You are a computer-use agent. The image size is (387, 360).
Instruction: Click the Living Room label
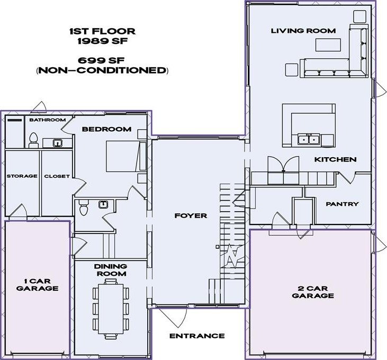pos(303,31)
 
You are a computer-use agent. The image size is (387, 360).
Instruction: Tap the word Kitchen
pos(335,159)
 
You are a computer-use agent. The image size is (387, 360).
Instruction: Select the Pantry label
pos(342,204)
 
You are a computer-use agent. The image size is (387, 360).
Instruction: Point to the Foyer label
pos(191,216)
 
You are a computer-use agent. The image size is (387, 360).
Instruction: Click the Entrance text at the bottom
pos(197,336)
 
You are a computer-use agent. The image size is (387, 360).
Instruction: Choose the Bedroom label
pos(106,129)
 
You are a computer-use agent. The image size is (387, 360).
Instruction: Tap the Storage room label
pos(22,176)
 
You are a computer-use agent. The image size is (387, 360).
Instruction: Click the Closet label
pos(57,176)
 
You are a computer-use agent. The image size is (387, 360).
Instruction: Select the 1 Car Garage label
pos(37,284)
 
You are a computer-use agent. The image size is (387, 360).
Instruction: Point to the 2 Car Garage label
pos(313,292)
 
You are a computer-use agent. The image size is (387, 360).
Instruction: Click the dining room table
pos(111,309)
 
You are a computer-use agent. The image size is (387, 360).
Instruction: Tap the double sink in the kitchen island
pos(308,140)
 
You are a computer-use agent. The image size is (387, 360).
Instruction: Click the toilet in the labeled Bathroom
pos(33,139)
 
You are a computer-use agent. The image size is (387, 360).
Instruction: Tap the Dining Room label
pos(111,270)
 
